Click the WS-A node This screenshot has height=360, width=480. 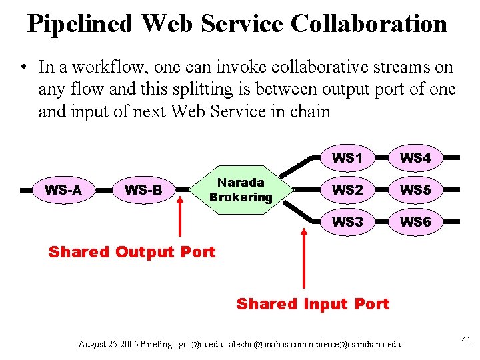click(63, 190)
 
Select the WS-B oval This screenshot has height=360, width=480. click(143, 190)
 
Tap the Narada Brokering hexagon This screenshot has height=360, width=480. click(241, 189)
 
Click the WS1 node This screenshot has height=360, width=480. click(347, 158)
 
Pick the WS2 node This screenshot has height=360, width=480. click(347, 190)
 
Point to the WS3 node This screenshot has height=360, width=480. click(347, 222)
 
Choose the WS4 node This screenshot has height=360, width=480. click(415, 158)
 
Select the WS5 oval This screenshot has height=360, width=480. click(415, 190)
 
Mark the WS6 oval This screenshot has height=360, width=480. click(415, 222)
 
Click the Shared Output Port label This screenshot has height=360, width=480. click(132, 252)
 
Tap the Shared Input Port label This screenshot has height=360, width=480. click(313, 304)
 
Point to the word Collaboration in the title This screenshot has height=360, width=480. click(369, 24)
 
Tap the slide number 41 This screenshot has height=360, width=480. click(466, 341)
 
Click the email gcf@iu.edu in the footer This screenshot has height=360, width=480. click(201, 344)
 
